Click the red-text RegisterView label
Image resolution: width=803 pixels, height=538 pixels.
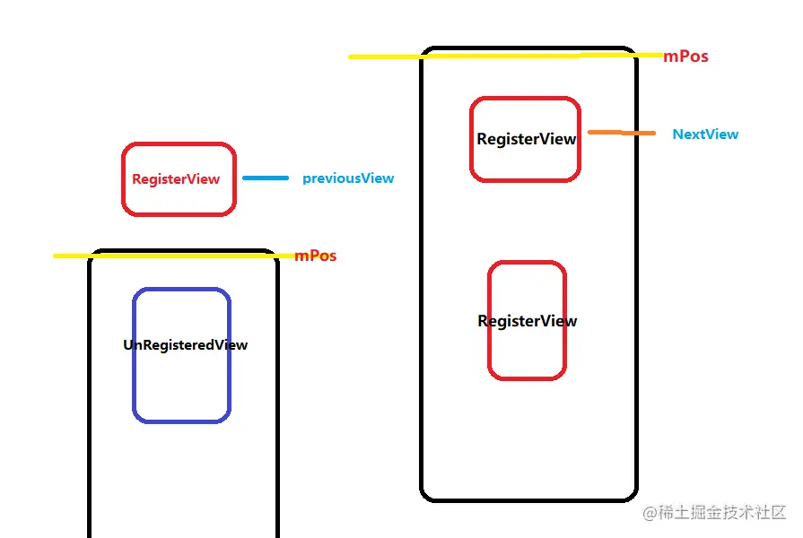tap(176, 179)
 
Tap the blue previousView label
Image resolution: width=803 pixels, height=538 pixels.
tap(348, 178)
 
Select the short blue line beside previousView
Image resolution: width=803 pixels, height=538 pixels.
tap(266, 178)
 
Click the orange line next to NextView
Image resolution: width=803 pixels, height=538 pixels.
tap(622, 134)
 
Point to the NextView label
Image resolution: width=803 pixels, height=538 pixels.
tap(705, 134)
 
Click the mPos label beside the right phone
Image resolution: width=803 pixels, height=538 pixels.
tap(685, 56)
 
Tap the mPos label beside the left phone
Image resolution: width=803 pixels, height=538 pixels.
tap(316, 256)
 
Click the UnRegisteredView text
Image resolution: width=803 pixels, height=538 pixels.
tap(185, 345)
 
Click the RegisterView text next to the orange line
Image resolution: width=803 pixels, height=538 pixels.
tap(527, 140)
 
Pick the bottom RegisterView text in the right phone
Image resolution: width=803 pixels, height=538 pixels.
tap(528, 321)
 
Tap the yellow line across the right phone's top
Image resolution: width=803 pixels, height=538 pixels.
tap(502, 56)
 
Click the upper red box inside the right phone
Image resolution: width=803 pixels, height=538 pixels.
tap(525, 100)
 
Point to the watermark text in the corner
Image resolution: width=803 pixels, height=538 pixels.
tap(715, 513)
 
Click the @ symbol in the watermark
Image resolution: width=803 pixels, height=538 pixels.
tap(650, 514)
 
